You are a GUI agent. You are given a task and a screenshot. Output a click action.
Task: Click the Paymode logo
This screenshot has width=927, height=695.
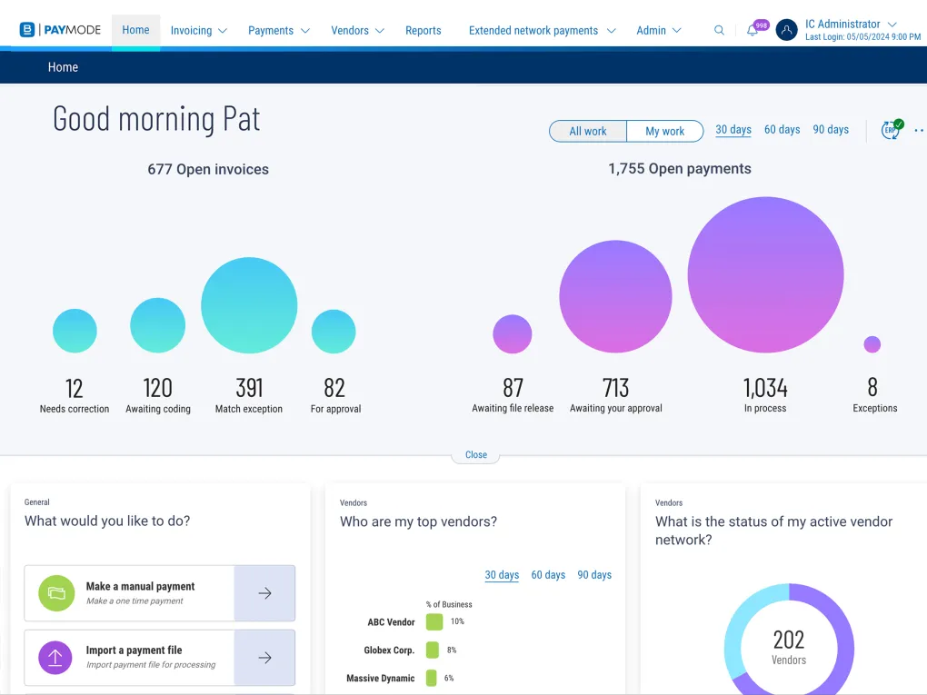tap(60, 30)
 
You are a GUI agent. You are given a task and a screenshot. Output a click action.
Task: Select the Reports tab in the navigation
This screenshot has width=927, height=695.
tap(423, 30)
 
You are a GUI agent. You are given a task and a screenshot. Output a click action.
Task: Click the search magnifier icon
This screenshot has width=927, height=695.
tap(719, 30)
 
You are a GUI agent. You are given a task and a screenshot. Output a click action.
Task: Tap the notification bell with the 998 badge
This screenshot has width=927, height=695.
tap(753, 30)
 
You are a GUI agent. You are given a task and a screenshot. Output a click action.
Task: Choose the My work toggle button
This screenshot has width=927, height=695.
tap(664, 131)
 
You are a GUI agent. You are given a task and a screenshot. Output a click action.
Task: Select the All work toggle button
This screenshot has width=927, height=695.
tap(588, 131)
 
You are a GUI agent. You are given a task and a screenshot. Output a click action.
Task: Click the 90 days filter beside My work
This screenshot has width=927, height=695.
tap(830, 130)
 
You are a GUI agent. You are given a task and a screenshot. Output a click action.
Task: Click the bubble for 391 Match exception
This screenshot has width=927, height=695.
tap(249, 305)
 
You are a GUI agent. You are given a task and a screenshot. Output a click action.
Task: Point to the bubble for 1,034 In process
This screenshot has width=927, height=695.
tap(765, 274)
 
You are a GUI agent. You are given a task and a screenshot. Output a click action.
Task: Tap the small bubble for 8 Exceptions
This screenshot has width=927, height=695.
tap(872, 344)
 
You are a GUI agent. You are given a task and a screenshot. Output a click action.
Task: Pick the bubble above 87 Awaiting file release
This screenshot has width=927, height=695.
tap(513, 333)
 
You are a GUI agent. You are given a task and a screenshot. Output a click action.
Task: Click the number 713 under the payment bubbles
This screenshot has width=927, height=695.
tap(615, 388)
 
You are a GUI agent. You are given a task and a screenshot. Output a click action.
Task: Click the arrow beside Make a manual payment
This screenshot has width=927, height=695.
tap(264, 593)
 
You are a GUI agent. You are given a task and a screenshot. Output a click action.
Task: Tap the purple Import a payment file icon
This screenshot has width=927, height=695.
tap(55, 657)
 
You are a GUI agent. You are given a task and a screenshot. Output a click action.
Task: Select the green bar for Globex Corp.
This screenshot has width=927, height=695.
tap(433, 650)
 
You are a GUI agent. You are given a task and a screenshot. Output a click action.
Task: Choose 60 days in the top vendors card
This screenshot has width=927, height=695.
tap(548, 575)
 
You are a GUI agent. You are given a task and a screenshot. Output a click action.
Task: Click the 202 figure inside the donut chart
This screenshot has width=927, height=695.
tap(789, 640)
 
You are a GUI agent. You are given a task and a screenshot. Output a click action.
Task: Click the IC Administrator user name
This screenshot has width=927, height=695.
tap(842, 24)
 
